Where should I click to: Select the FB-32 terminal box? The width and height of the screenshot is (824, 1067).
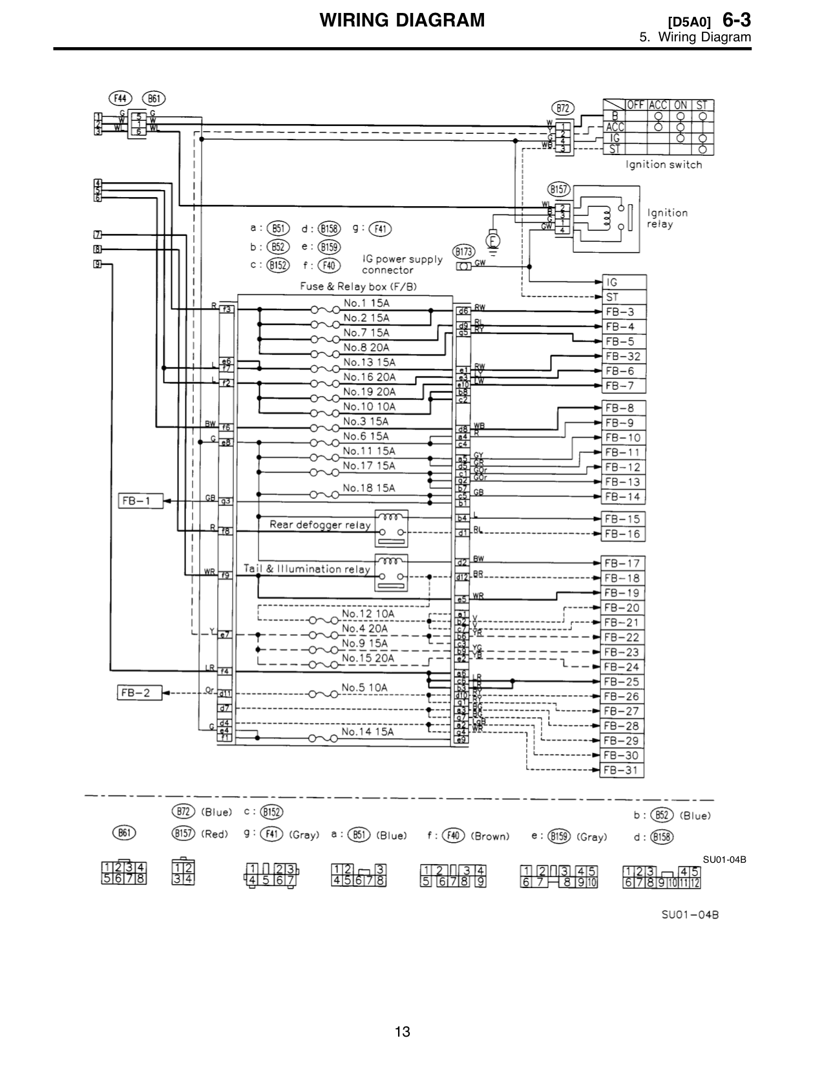(x=623, y=357)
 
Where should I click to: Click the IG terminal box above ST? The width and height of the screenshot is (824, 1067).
(x=623, y=282)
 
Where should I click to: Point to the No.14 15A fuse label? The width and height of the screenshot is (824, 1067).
(x=367, y=732)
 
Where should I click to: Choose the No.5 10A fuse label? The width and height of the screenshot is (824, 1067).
(x=364, y=688)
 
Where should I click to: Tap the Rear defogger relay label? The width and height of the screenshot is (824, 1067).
(x=320, y=525)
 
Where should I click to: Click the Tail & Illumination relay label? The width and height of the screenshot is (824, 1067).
(x=306, y=569)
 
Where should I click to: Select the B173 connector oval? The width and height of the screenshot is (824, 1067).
(x=464, y=251)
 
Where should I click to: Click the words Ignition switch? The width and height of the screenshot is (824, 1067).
(x=663, y=165)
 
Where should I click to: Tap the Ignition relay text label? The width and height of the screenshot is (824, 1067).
(x=667, y=218)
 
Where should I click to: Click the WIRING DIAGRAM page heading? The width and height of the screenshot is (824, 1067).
(x=402, y=21)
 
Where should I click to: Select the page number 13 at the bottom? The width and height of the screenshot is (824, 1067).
(x=403, y=1031)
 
